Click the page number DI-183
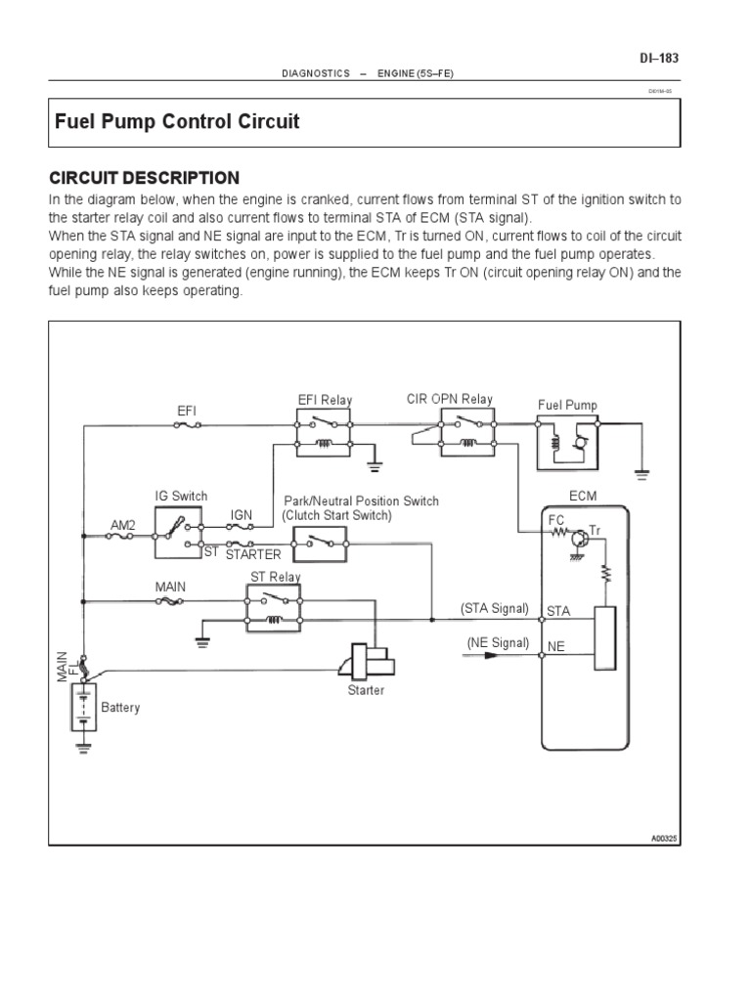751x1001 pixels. (658, 59)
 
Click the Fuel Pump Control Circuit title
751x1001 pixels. (176, 122)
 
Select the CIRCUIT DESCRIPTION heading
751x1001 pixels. (144, 177)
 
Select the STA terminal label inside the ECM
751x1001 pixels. (557, 611)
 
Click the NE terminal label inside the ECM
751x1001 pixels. (555, 646)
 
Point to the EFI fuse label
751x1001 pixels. (186, 412)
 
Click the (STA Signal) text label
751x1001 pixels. (494, 608)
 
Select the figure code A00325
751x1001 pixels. (664, 838)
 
